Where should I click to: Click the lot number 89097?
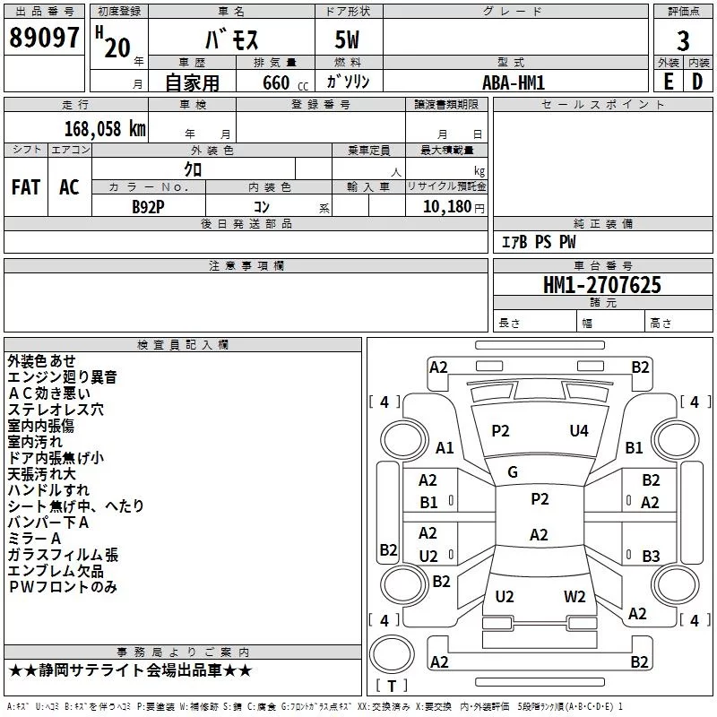45,39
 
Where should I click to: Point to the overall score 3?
683,40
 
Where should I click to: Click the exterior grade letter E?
668,82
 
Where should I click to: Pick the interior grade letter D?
697,82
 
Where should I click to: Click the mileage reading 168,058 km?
105,128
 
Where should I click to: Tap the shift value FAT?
26,187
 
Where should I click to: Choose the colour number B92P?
148,206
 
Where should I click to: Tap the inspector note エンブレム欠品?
56,571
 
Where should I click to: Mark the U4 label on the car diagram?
579,431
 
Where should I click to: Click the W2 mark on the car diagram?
574,597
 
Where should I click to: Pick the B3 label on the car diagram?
651,557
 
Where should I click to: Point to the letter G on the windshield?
513,472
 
